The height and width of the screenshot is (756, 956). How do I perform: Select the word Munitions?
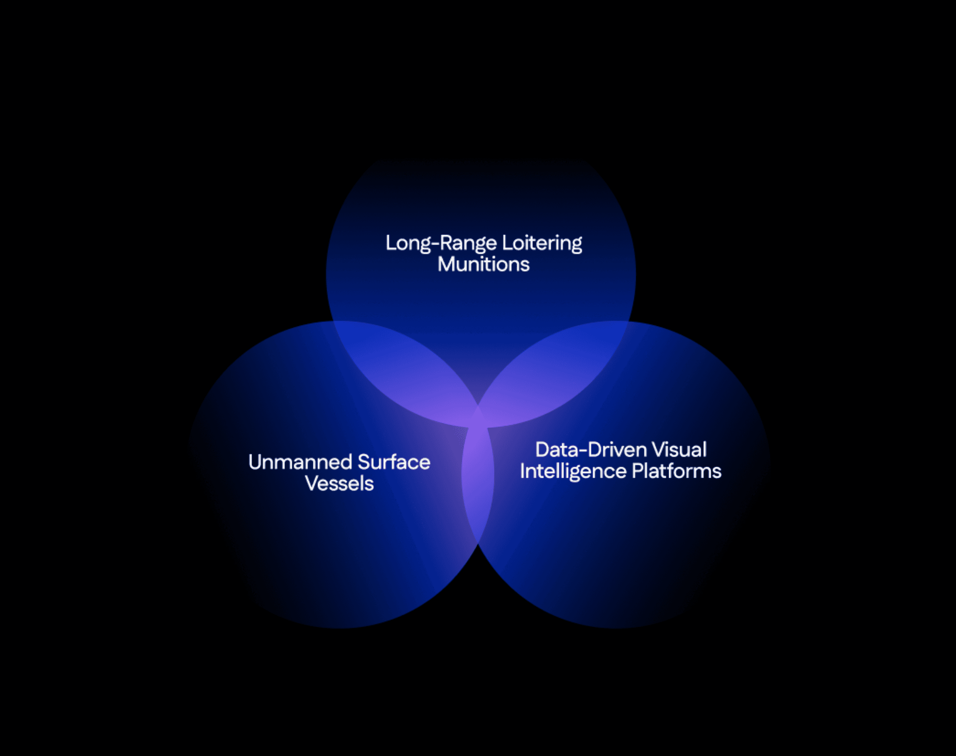click(x=483, y=265)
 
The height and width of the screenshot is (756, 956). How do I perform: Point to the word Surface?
click(x=394, y=463)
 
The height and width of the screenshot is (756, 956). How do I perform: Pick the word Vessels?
click(x=339, y=484)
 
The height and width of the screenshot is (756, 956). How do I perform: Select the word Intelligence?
click(x=573, y=471)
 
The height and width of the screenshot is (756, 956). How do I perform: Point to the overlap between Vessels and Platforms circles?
click(x=478, y=487)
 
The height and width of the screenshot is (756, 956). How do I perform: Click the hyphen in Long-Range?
click(x=435, y=244)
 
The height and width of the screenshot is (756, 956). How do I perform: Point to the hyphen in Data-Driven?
click(x=580, y=451)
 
